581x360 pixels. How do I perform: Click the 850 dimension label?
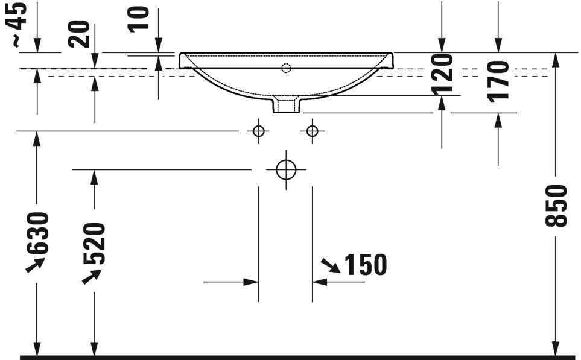tap(556, 205)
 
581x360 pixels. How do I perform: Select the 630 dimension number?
tap(37, 233)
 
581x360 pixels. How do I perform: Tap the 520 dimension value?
tap(95, 244)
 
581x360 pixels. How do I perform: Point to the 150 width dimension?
tap(364, 264)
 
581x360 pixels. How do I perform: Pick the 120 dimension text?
tap(442, 74)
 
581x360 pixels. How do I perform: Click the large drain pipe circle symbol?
tap(286, 169)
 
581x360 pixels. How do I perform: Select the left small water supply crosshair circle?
tap(258, 130)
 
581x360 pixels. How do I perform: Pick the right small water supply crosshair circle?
tap(312, 130)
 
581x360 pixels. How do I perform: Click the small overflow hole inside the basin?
tap(286, 68)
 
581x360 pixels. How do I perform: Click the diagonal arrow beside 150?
tap(330, 265)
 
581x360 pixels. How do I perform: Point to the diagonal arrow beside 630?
tap(35, 264)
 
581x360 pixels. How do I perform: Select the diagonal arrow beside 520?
tap(91, 276)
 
